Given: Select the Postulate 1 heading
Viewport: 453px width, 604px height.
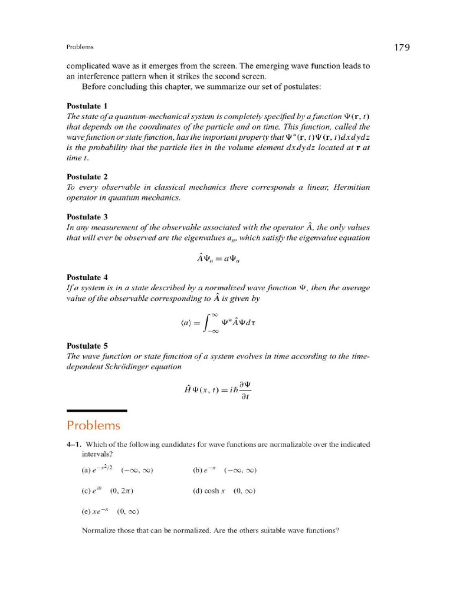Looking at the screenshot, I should (87, 106).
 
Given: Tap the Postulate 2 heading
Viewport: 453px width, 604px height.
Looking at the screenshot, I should (87, 176).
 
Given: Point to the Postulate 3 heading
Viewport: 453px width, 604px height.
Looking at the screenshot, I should (87, 216).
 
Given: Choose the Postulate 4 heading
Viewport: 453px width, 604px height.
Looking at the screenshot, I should (87, 277).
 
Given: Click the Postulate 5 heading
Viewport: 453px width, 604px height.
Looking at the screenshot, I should (87, 346).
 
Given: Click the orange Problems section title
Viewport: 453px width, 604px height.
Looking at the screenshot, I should (93, 425).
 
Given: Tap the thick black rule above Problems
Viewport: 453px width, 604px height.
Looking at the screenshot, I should (97, 411).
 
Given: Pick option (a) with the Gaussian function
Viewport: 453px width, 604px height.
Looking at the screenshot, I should (97, 470).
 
